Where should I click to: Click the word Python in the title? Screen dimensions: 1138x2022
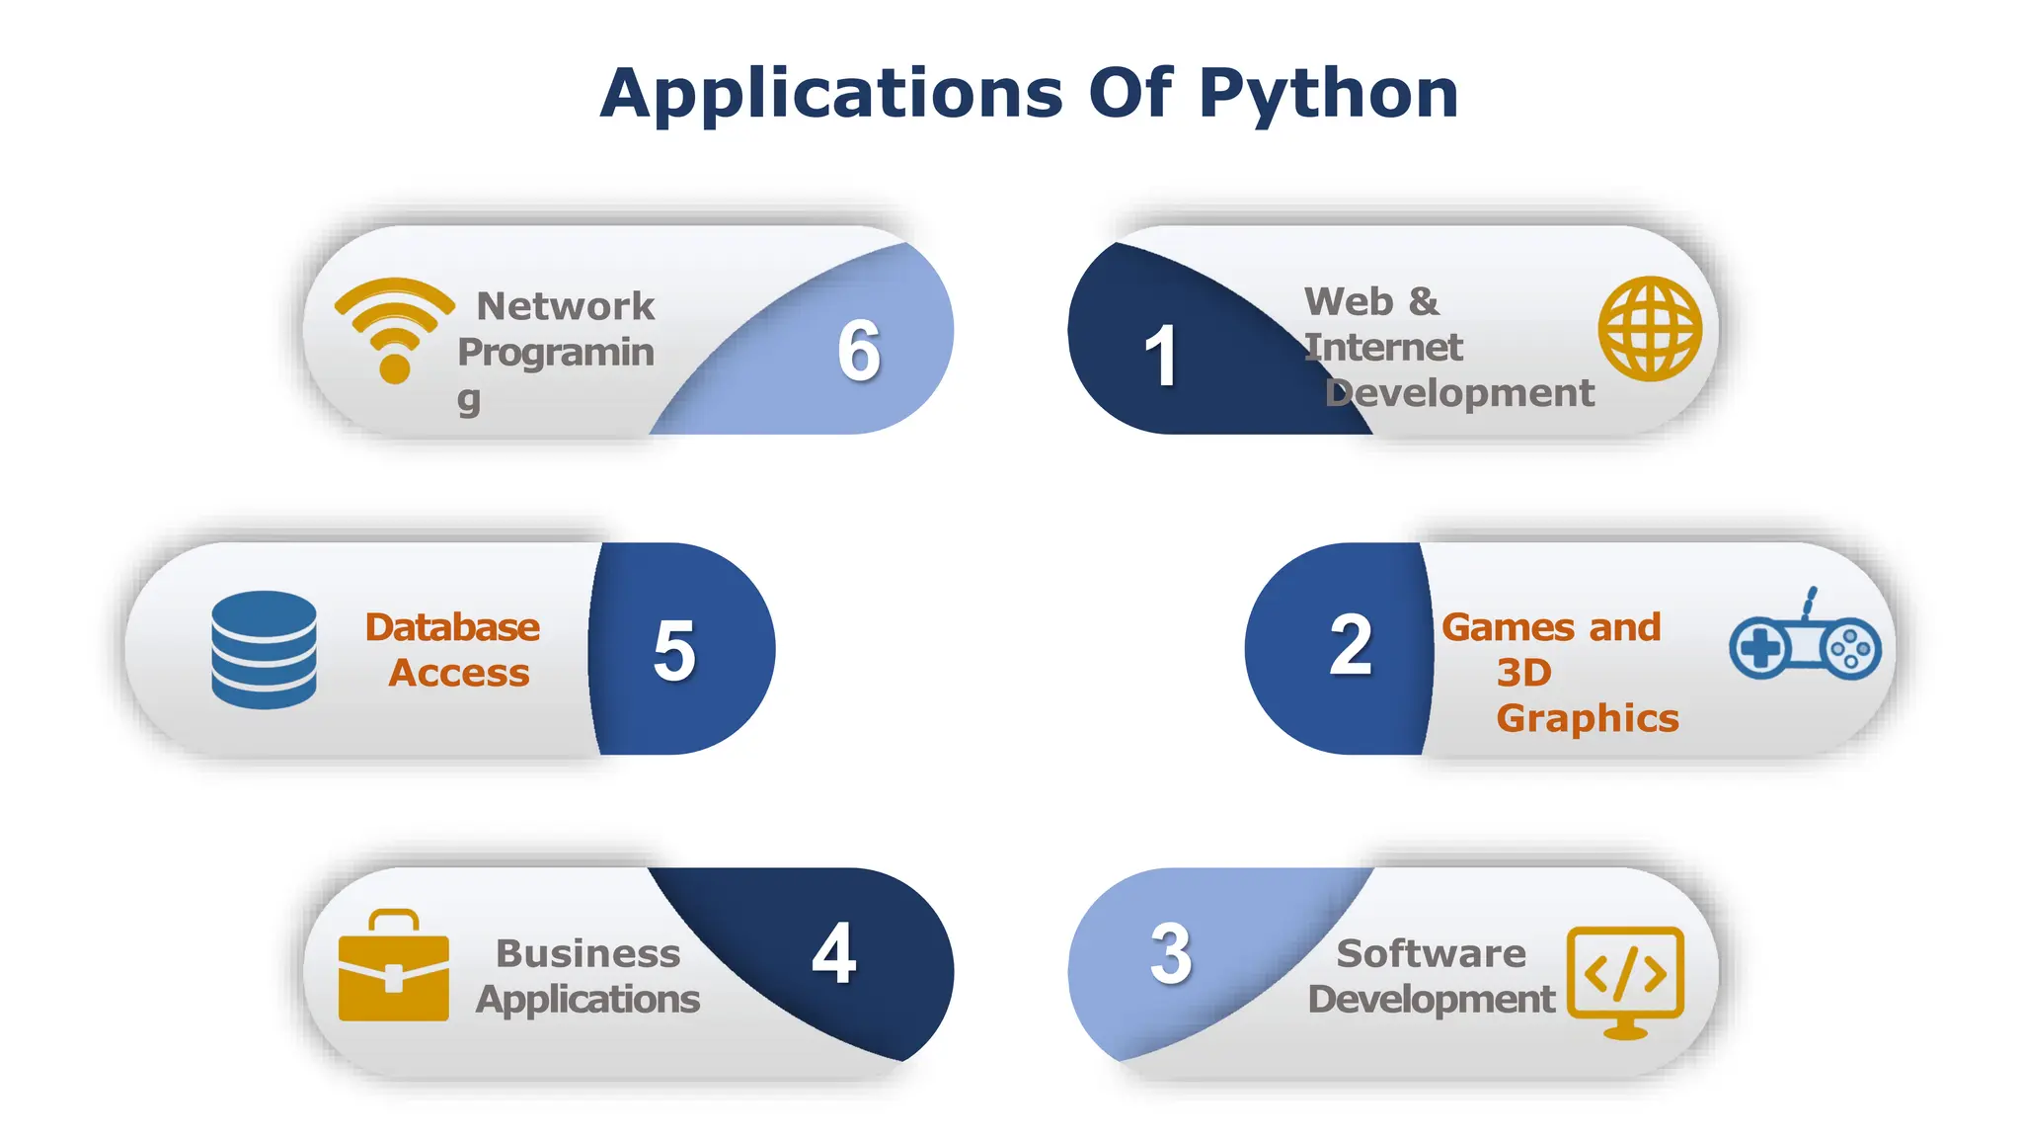pos(1328,94)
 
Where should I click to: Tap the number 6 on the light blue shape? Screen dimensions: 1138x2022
pos(859,351)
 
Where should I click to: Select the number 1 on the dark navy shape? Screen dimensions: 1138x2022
pos(1161,356)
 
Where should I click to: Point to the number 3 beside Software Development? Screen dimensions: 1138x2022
pos(1171,953)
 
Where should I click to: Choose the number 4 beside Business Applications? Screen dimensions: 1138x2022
pos(834,953)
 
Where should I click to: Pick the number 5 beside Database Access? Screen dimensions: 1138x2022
pos(675,650)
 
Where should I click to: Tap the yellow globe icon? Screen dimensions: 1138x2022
pos(1650,328)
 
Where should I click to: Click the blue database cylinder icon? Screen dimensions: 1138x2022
pos(264,649)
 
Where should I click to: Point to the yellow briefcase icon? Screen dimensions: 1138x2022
pos(393,966)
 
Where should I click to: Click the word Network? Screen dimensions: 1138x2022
pos(565,306)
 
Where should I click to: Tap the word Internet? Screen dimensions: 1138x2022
pos(1383,348)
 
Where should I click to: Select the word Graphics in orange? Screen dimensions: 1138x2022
pos(1587,718)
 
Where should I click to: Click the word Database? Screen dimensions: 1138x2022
pos(452,627)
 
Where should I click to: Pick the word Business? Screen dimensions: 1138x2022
pos(587,953)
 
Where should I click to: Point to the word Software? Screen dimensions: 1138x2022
pos(1431,953)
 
